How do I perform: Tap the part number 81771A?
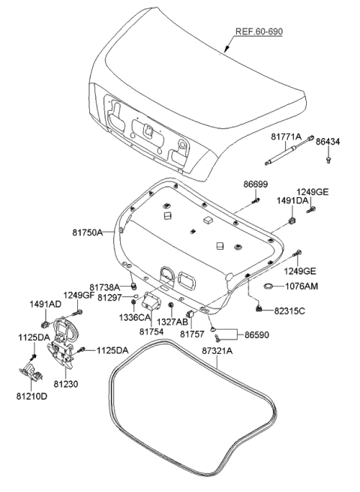click(x=286, y=137)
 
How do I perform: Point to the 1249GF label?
click(x=78, y=295)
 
